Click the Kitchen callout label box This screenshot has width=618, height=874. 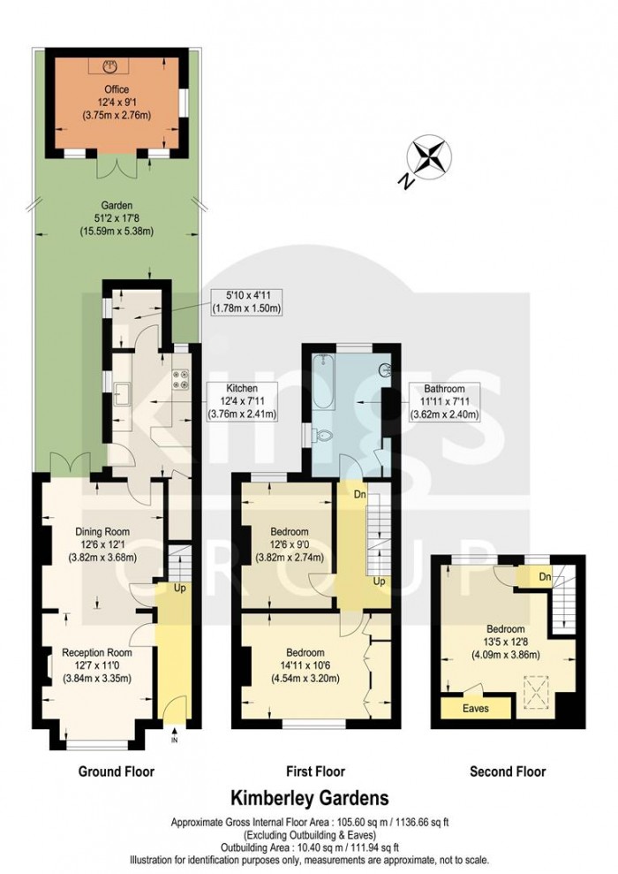point(242,401)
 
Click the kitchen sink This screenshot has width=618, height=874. point(122,393)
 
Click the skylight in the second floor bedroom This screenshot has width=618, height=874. point(532,690)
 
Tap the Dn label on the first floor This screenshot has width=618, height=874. point(359,494)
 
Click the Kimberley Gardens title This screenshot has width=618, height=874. point(309,800)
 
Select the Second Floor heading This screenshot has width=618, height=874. point(507,771)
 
